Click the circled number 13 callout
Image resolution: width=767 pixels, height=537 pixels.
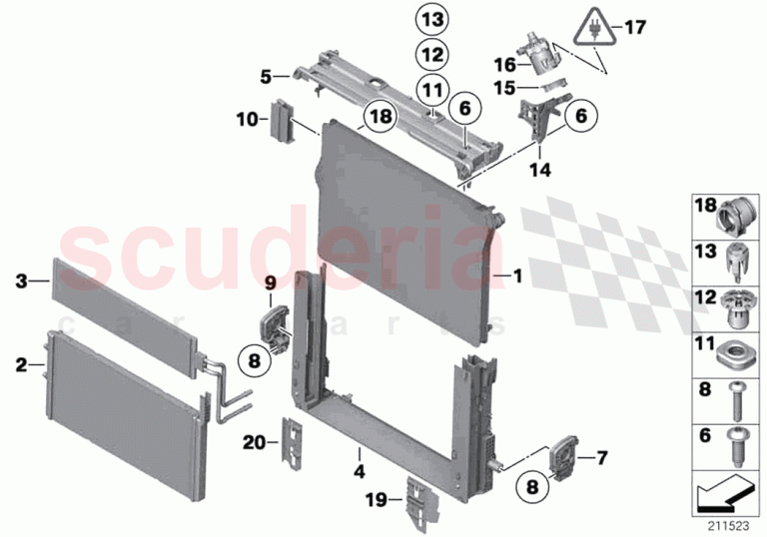(x=432, y=20)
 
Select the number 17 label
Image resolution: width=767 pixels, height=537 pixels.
(x=635, y=27)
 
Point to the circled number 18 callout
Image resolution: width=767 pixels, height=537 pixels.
(x=382, y=116)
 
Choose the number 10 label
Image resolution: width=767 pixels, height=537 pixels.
(x=248, y=119)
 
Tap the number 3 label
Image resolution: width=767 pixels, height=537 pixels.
(x=21, y=281)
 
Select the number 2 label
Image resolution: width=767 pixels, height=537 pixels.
(x=21, y=365)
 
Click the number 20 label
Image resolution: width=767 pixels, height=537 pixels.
(x=255, y=443)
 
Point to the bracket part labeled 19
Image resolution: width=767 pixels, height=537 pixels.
(x=420, y=505)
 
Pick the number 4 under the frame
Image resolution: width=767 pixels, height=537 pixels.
(x=360, y=471)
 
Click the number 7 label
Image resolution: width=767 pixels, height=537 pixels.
(x=601, y=458)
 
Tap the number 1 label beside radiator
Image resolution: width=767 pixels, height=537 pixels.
(x=517, y=276)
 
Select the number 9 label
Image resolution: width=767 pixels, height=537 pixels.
(x=271, y=282)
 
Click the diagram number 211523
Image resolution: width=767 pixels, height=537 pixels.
(x=729, y=526)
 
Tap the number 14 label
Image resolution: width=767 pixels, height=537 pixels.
(x=540, y=171)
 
